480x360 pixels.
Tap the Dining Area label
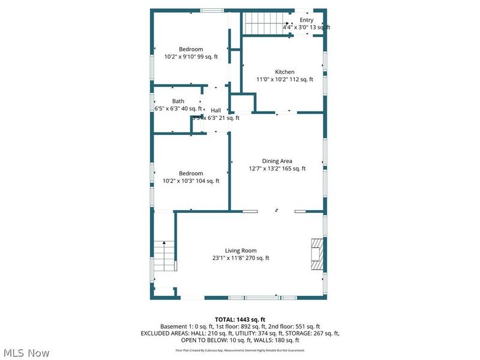277,161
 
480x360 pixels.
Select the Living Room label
241,251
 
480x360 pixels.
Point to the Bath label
178,101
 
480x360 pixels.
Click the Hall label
215,110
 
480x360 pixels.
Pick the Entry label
307,20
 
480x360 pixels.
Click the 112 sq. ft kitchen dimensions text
285,79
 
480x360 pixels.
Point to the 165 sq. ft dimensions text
277,169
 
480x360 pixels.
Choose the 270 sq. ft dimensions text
241,259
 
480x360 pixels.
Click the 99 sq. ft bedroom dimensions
191,57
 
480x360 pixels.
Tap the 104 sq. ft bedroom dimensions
191,181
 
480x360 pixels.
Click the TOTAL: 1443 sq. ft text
240,319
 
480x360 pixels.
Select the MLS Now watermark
26,353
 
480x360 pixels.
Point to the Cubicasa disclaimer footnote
240,350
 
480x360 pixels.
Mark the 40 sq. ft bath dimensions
178,109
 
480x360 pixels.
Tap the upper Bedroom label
191,49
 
